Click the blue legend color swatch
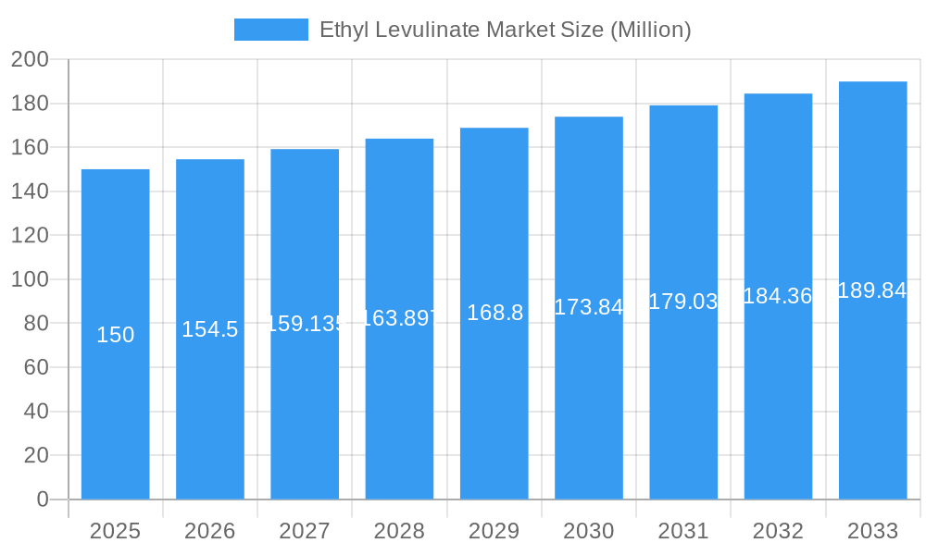point(270,30)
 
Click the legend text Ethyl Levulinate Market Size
point(505,30)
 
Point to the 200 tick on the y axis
point(30,60)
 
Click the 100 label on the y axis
point(30,279)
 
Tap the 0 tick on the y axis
point(42,499)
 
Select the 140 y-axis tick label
point(30,191)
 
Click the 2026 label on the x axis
point(210,531)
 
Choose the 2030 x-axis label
point(589,531)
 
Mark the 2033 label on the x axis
point(872,531)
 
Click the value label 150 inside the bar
point(116,335)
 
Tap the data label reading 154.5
point(210,329)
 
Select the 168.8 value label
point(494,313)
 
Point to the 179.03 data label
point(683,302)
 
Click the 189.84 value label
point(872,290)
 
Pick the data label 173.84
point(589,307)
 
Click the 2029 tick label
point(494,531)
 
